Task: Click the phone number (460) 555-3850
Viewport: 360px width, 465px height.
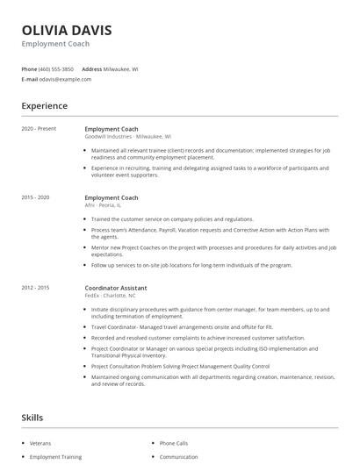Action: point(57,68)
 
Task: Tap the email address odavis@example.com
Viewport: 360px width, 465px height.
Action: point(66,79)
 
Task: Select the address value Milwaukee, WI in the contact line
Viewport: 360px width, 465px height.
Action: point(121,68)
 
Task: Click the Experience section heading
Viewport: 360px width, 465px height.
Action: point(44,106)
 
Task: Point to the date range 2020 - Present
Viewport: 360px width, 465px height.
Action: point(39,129)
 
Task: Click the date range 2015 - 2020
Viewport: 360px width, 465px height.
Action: point(36,197)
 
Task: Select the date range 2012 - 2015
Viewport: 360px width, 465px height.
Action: point(36,287)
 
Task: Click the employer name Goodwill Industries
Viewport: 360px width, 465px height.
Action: point(108,137)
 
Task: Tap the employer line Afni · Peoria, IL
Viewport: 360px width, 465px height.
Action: point(103,205)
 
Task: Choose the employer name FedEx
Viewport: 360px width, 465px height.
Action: point(91,295)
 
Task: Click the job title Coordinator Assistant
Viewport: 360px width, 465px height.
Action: point(116,287)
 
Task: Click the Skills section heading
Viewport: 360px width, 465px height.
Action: point(32,418)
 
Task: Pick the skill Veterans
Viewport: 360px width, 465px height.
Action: point(40,443)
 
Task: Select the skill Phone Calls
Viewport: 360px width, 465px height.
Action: point(174,443)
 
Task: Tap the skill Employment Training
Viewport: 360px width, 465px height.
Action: point(55,456)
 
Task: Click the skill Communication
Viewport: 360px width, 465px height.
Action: point(178,456)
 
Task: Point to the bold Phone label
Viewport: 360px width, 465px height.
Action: point(29,68)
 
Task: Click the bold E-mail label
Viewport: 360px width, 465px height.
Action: point(30,79)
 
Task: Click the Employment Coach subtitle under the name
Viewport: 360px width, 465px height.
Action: point(55,44)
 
